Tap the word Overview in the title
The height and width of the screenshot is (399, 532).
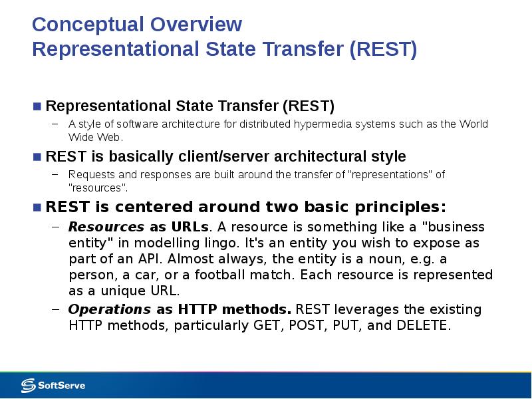(196, 24)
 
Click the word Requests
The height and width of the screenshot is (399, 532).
(92, 175)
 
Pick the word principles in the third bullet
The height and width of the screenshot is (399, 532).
(400, 207)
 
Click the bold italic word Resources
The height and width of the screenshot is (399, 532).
(106, 227)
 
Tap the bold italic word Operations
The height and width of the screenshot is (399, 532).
(110, 310)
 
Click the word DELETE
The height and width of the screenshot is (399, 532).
(424, 325)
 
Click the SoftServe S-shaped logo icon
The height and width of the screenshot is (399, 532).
(28, 386)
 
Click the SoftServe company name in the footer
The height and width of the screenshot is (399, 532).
(61, 386)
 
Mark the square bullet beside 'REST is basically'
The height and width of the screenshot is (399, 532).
(37, 157)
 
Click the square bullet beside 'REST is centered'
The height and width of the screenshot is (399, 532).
(37, 207)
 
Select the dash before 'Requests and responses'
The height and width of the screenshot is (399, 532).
(55, 174)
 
